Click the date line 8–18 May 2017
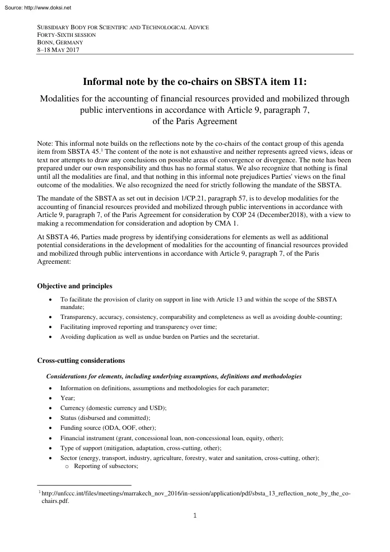(x=58, y=50)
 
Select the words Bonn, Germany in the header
(x=60, y=42)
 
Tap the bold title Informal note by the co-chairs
(x=195, y=82)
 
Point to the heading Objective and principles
(x=75, y=286)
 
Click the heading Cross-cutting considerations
(x=81, y=360)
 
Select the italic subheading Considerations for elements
(x=174, y=376)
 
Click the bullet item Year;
(x=67, y=398)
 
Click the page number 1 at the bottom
(x=195, y=515)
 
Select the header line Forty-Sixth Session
(x=66, y=35)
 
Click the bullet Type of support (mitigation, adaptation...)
(x=141, y=448)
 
